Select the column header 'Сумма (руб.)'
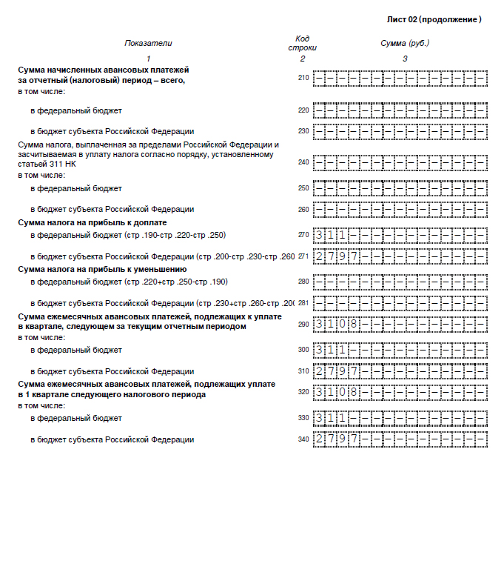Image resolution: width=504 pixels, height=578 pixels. pyautogui.click(x=405, y=43)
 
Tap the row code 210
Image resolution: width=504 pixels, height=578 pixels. pyautogui.click(x=303, y=78)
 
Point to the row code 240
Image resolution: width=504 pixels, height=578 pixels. pyautogui.click(x=303, y=162)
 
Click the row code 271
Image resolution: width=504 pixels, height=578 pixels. pyautogui.click(x=303, y=257)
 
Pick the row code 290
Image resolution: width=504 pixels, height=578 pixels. pyautogui.click(x=303, y=324)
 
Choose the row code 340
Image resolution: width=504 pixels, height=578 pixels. pyautogui.click(x=303, y=439)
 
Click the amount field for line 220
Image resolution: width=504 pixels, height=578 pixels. pyautogui.click(x=400, y=110)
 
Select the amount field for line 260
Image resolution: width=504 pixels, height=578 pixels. pyautogui.click(x=400, y=209)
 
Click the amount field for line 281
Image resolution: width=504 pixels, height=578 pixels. pyautogui.click(x=400, y=303)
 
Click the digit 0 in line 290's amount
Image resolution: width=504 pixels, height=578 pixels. pyautogui.click(x=343, y=324)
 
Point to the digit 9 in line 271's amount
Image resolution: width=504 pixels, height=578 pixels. pyautogui.click(x=343, y=257)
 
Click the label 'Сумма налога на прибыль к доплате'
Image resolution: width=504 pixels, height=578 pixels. pyautogui.click(x=93, y=222)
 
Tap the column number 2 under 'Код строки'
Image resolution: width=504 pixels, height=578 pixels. pyautogui.click(x=302, y=59)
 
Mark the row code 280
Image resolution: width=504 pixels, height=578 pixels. pyautogui.click(x=303, y=282)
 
